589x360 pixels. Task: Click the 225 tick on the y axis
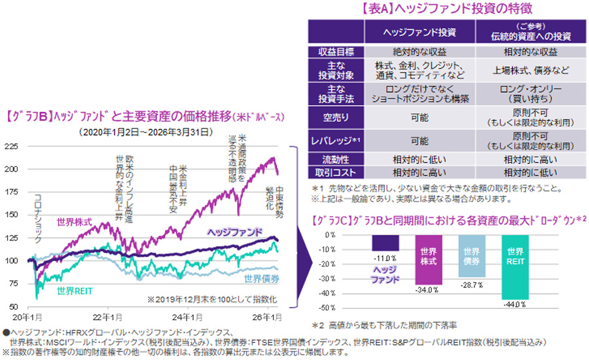click(12, 146)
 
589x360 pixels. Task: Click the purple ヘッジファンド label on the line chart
click(235, 232)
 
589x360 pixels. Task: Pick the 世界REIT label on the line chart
click(73, 291)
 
